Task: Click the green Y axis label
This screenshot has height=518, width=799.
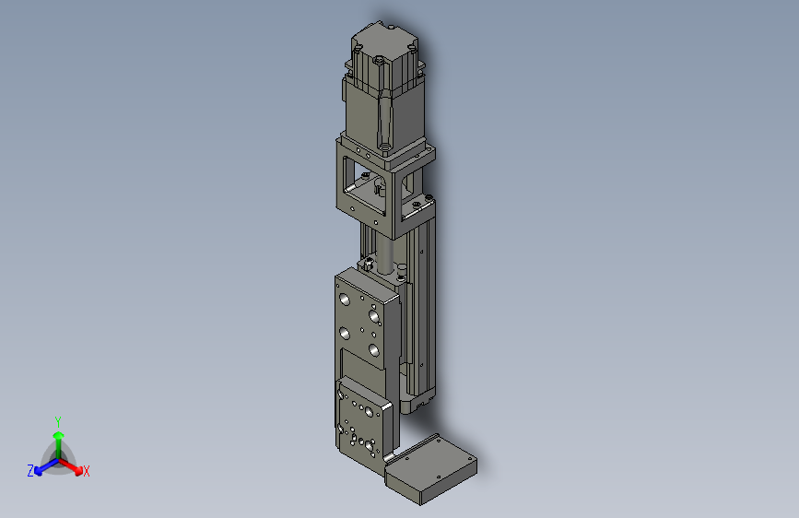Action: coord(58,421)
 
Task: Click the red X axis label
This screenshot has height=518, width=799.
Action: coord(86,471)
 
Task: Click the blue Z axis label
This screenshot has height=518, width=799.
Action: coord(30,471)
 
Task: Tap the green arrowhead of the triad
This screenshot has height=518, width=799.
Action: coord(59,435)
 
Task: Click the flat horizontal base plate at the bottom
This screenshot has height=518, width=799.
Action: coord(431,469)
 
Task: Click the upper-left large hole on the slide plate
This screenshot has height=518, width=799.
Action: coord(345,299)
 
